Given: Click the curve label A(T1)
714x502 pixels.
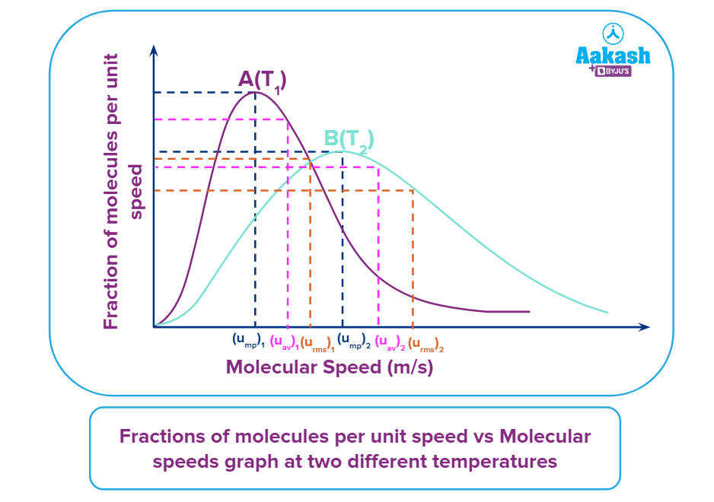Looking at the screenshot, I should pos(263,80).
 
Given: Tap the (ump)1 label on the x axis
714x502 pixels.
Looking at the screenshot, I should pos(248,340).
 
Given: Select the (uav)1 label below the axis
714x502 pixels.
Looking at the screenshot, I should pos(284,342).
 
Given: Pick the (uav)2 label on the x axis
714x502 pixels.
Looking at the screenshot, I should pos(390,342).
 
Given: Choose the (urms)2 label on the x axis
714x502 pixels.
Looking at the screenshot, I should pos(426,344).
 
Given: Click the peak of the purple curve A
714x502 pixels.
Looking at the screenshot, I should pos(254,92).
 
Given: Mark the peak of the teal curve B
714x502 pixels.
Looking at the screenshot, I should pos(343,151).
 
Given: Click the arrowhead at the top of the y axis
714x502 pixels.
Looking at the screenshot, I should pos(155,50).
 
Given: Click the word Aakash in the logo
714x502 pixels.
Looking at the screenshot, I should pos(613,56).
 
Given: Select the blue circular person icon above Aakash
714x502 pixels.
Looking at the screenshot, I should pos(613,33).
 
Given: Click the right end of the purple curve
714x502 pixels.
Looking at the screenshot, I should pos(528,311).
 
